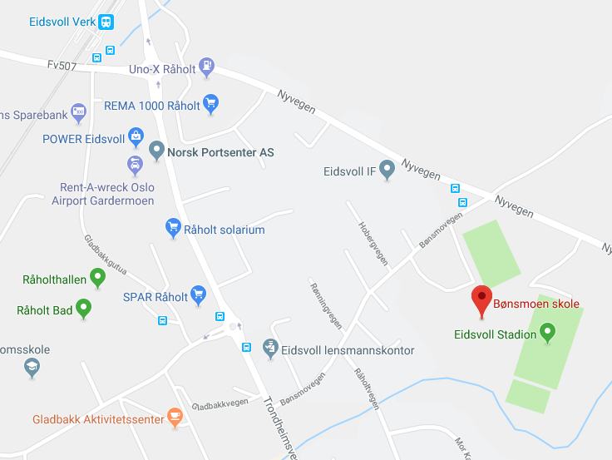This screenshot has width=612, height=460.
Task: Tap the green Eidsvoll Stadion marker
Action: click(x=547, y=333)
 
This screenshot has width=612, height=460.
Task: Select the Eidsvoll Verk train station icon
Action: click(x=106, y=22)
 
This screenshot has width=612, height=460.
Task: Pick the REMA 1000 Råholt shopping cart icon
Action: click(x=211, y=103)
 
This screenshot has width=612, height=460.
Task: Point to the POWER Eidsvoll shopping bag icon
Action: click(x=136, y=136)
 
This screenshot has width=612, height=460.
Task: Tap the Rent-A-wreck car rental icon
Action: click(x=135, y=163)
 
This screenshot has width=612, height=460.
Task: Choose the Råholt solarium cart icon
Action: click(x=173, y=227)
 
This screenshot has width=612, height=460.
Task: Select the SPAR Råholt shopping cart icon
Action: click(x=198, y=294)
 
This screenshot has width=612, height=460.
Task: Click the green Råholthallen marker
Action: click(x=97, y=277)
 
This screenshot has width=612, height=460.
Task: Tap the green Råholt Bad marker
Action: click(x=83, y=309)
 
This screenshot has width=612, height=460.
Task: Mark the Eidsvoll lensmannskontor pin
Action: click(x=269, y=348)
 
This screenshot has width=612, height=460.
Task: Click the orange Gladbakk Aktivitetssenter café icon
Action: click(x=175, y=417)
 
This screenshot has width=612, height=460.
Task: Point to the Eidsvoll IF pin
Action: click(x=387, y=170)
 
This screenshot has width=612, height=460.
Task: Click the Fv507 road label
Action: click(x=62, y=64)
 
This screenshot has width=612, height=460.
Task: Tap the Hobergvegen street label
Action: click(x=373, y=243)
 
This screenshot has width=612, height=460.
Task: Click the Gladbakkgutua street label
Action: click(x=106, y=255)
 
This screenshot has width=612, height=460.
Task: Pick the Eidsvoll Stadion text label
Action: click(x=495, y=335)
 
